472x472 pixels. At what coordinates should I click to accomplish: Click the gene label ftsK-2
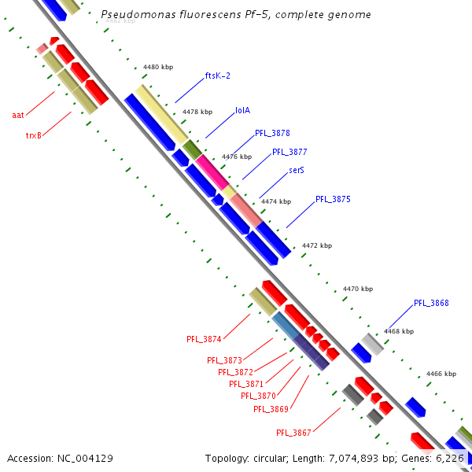[x=217, y=76]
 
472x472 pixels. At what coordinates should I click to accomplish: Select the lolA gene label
[x=243, y=111]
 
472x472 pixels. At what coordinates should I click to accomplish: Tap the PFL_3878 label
[x=272, y=133]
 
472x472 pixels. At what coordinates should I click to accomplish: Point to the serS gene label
[x=297, y=169]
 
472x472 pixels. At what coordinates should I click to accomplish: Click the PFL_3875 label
[x=333, y=200]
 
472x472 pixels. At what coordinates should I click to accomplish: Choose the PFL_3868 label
[x=431, y=303]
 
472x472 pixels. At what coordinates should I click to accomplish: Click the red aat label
[x=17, y=115]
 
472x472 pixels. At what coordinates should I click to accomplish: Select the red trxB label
[x=34, y=135]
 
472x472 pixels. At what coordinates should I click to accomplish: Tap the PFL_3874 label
[x=204, y=340]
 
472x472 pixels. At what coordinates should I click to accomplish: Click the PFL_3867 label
[x=293, y=433]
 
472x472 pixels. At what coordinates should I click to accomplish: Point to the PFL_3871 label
[x=246, y=384]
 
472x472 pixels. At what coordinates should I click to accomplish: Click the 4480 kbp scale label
[x=158, y=67]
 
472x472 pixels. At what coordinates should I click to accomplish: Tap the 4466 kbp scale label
[x=441, y=374]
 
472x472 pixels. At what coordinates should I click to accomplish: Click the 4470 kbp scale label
[x=358, y=289]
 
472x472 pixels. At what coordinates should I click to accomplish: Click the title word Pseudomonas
[x=136, y=15]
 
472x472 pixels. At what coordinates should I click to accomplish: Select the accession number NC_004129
[x=85, y=458]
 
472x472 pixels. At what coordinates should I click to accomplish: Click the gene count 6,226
[x=450, y=458]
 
